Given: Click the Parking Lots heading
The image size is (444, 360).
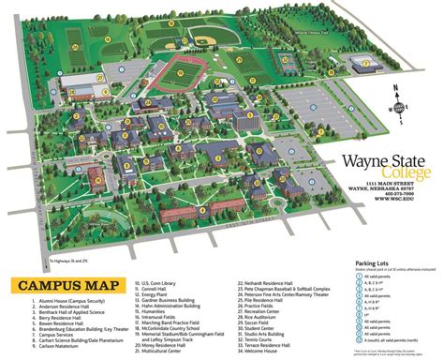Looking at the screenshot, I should coord(378,263).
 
